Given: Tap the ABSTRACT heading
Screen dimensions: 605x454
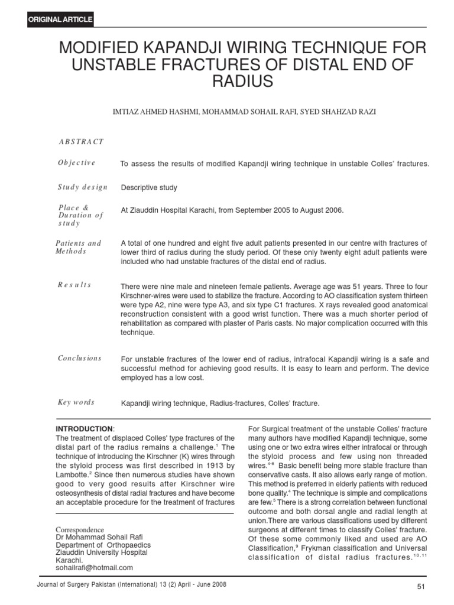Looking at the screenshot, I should click(x=81, y=142).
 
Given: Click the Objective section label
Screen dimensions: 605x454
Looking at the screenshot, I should click(x=76, y=163).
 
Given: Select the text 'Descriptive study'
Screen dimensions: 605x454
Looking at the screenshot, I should click(x=149, y=188).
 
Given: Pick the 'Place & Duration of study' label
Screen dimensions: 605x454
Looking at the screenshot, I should click(x=80, y=216).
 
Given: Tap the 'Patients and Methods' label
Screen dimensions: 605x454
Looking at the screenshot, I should click(x=78, y=247).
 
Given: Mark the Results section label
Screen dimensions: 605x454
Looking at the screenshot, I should click(x=74, y=285).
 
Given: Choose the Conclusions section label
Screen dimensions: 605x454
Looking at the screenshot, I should click(x=80, y=358).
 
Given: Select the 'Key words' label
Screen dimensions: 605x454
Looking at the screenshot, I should click(x=76, y=402).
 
